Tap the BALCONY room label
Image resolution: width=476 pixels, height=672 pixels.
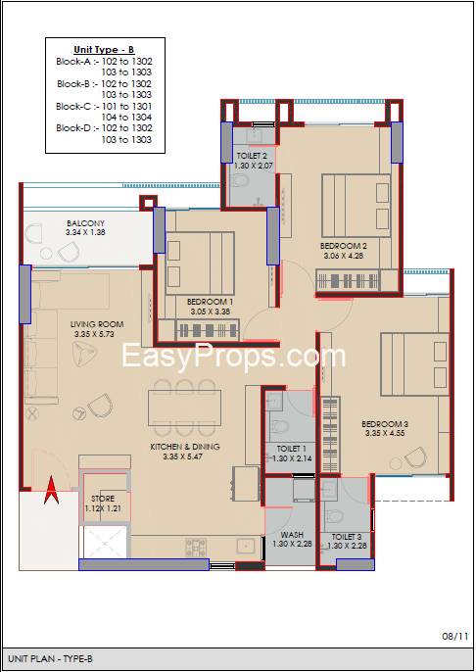[85, 223]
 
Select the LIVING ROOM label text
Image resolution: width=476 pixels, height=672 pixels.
[97, 324]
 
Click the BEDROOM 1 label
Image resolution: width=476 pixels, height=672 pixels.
[210, 302]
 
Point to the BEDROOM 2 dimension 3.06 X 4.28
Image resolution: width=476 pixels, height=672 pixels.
[344, 256]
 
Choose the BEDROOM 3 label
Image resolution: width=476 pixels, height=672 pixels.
[385, 424]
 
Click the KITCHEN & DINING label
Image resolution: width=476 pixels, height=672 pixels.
[185, 447]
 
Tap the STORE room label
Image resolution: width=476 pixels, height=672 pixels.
[103, 499]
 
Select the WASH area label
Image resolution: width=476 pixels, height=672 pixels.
[292, 535]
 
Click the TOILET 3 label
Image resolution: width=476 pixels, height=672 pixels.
[346, 537]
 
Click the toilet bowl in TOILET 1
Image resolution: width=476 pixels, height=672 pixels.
[280, 427]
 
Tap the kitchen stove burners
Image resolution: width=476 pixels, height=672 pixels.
[196, 548]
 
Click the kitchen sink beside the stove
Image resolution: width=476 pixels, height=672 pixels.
[246, 547]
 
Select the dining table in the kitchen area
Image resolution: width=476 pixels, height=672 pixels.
[185, 408]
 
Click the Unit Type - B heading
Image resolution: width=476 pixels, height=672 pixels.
[104, 49]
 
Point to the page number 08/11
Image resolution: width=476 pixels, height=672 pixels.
[455, 636]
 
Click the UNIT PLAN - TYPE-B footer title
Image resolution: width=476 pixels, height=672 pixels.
[50, 658]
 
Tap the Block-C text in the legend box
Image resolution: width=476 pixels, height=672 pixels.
[73, 106]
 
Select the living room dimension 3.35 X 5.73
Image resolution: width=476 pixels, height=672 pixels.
[94, 334]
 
